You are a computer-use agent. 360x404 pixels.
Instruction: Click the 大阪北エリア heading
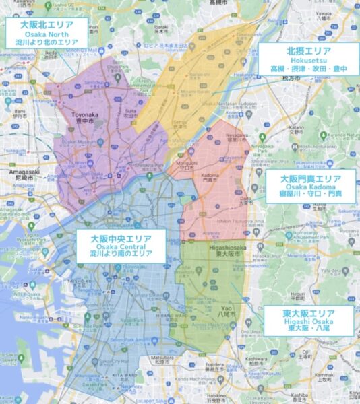click(x=47, y=25)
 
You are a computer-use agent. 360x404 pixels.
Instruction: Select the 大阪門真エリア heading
click(x=311, y=178)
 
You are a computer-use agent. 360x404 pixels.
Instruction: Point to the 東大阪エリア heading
click(x=308, y=314)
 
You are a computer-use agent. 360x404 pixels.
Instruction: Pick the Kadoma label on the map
click(x=207, y=174)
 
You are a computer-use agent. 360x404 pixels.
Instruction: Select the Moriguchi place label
click(x=180, y=164)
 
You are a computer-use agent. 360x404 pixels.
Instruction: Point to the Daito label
click(x=245, y=199)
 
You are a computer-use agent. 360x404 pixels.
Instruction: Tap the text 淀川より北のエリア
click(x=47, y=42)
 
